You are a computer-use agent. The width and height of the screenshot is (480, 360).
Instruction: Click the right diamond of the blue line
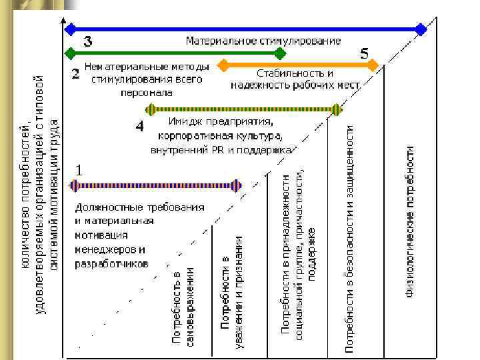pos(420,29)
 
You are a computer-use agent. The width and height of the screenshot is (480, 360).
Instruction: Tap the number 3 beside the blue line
pos(87,41)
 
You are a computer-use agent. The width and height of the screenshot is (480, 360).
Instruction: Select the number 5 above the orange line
pos(365,52)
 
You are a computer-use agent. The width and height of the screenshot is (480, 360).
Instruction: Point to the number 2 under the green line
pos(76,73)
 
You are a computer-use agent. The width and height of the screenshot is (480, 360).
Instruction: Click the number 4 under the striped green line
pos(139,125)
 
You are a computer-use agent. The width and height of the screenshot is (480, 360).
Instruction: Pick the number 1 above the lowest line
pos(79,170)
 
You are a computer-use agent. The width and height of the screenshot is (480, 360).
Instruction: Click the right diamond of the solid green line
pos(281,52)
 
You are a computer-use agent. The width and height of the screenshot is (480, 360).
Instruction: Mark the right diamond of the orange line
pos(373,65)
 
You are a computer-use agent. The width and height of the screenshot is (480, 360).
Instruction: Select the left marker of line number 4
pos(152,109)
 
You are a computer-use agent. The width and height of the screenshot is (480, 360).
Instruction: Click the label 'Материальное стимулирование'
pos(263,41)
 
